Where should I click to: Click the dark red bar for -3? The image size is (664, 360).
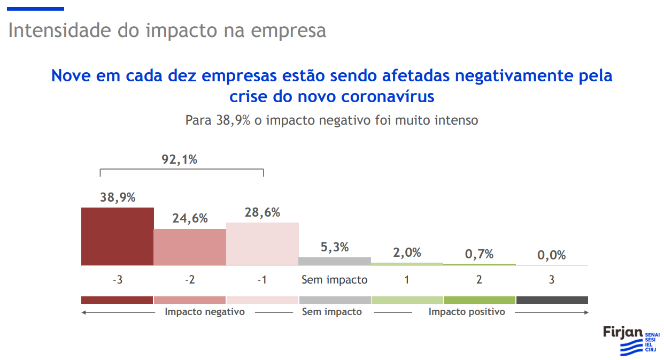tap(118, 236)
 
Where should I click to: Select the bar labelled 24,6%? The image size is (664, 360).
tap(190, 247)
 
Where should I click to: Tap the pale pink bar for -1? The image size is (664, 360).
tap(262, 244)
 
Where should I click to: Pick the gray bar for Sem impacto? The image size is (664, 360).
tap(335, 261)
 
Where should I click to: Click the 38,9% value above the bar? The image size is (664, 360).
tap(118, 197)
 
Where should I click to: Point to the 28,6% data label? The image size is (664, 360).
tap(262, 212)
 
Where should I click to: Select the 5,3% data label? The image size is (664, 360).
tap(335, 247)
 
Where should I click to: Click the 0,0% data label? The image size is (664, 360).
tap(551, 255)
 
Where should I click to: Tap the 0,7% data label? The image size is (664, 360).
tap(479, 254)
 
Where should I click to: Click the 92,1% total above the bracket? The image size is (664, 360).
tap(180, 159)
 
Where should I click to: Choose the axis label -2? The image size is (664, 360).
tap(190, 280)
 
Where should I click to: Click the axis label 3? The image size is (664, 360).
tap(551, 280)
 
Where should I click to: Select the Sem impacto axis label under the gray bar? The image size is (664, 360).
tap(335, 280)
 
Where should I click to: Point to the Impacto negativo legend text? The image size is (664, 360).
tap(205, 312)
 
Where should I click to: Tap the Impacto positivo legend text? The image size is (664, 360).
tap(467, 312)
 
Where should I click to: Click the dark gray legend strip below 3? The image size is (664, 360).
tap(552, 300)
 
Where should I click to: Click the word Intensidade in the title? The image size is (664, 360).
tap(60, 30)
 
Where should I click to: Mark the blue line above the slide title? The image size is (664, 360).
tap(36, 9)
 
